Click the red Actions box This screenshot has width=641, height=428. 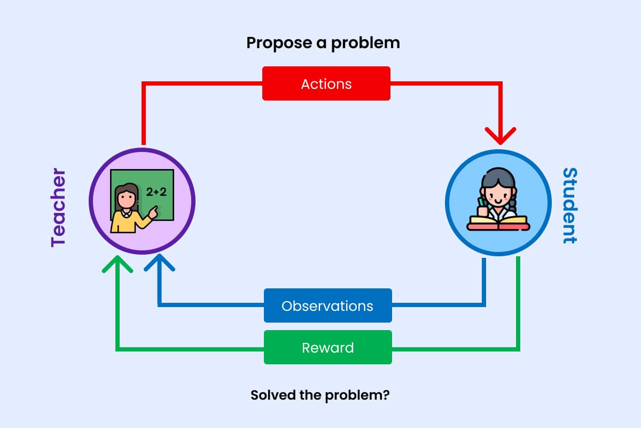(x=326, y=83)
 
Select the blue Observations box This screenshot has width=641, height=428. (x=327, y=305)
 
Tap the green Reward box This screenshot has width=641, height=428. (x=327, y=347)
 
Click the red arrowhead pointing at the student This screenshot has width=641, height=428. (x=500, y=136)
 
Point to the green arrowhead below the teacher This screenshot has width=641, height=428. (x=117, y=264)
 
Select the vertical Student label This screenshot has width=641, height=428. (x=570, y=205)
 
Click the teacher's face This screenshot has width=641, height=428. (x=127, y=198)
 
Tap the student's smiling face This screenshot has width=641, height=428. (x=497, y=194)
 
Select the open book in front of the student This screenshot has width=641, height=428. (x=498, y=222)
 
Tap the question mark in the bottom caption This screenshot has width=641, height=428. (x=386, y=396)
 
